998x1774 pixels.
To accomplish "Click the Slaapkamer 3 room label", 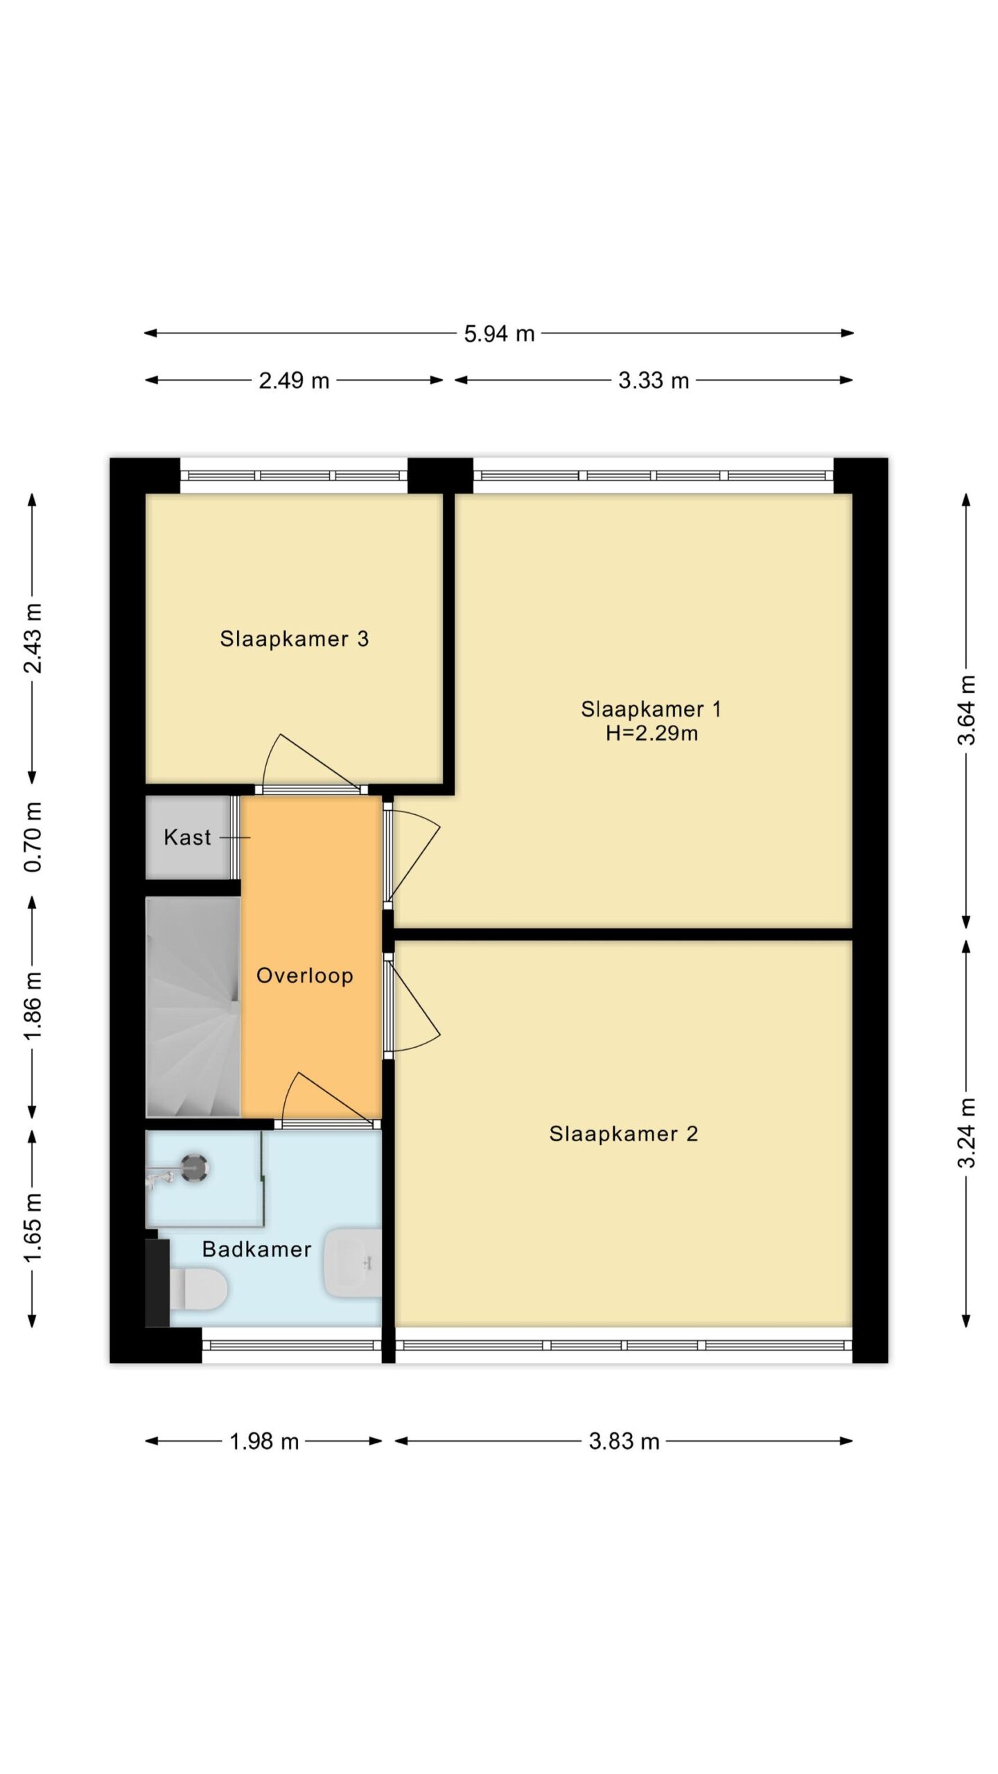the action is (294, 639).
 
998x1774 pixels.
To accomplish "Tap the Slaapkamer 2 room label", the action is (623, 1134).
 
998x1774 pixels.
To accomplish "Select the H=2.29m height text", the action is (651, 733).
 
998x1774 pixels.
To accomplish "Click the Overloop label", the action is (305, 976).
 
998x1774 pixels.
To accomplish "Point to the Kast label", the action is (187, 837).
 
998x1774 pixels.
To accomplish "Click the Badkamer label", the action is (256, 1249).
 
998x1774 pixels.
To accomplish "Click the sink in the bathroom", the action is (353, 1263).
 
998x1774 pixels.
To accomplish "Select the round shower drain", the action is (194, 1169).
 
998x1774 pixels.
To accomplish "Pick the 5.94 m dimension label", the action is (499, 334).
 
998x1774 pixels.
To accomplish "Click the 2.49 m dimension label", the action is (294, 380).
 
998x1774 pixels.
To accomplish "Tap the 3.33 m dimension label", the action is (654, 380).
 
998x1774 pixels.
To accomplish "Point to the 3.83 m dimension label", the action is (624, 1441).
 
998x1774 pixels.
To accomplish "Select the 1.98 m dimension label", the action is (264, 1441).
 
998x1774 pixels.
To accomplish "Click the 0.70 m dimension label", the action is (33, 837).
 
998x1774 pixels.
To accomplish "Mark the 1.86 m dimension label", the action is (33, 1005).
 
